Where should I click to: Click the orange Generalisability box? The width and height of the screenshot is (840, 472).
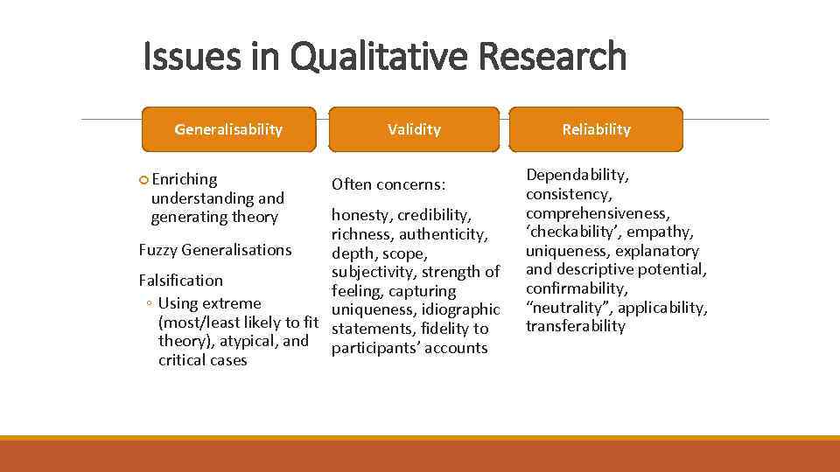[228, 129]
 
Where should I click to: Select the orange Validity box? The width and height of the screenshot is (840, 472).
[414, 129]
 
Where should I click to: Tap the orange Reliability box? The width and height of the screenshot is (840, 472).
[596, 129]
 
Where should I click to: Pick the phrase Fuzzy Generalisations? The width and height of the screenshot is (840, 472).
[215, 250]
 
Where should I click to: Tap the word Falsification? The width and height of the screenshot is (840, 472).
[181, 281]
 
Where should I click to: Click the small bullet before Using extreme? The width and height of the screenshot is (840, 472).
[150, 304]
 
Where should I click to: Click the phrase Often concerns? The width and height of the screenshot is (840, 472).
[388, 185]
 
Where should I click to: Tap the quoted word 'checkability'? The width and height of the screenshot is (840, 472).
[570, 232]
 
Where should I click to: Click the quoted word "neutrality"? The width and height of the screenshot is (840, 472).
[566, 307]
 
